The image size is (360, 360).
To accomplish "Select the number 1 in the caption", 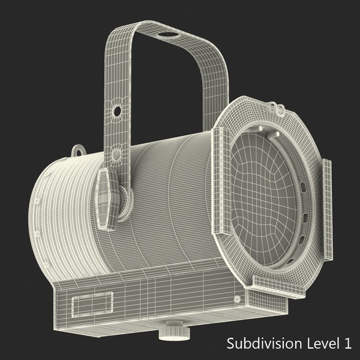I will [x=346, y=344].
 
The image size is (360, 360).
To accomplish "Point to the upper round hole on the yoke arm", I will [x=118, y=110].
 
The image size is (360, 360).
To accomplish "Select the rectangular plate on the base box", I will [x=91, y=304].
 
